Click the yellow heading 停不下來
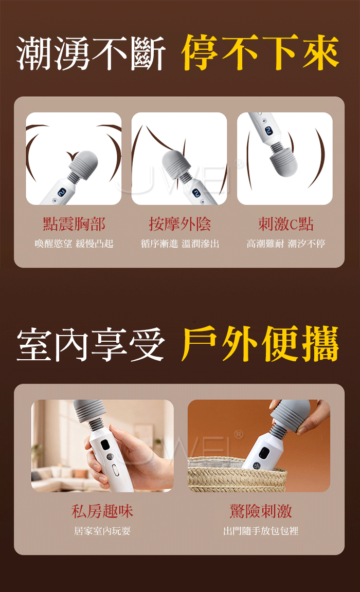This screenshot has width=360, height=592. coord(260,52)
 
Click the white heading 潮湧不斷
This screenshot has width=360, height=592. coord(91,53)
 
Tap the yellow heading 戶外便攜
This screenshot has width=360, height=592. coord(260,343)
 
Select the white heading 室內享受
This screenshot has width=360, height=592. coord(91,344)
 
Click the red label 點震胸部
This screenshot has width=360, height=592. coord(74,224)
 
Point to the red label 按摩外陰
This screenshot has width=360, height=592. coord(179,224)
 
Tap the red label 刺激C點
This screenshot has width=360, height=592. coord(285,224)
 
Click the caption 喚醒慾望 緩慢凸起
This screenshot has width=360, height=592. coord(74,244)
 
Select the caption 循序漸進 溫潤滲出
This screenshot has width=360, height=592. coord(180,244)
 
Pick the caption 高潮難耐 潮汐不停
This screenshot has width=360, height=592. coord(285,244)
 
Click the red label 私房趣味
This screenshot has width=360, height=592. coord(102,511)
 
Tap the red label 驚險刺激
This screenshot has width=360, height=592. coord(261,511)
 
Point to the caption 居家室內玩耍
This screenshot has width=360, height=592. coord(102,531)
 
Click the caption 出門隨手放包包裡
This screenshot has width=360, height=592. coord(261,531)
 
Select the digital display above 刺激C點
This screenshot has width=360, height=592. coord(268,131)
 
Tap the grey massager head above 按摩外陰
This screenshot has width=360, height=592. coord(177,163)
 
